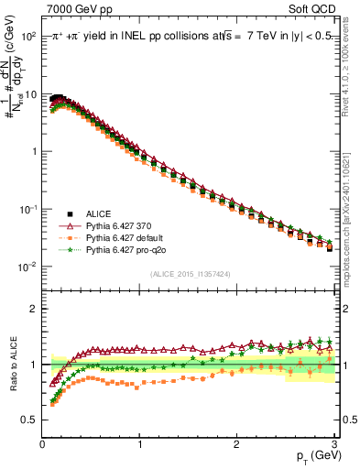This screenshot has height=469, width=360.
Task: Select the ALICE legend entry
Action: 99,213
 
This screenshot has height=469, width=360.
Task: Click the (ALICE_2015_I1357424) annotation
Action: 191,274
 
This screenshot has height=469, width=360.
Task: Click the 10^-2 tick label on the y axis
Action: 27,267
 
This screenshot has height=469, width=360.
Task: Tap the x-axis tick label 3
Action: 334,446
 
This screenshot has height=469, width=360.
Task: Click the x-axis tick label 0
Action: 42,446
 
